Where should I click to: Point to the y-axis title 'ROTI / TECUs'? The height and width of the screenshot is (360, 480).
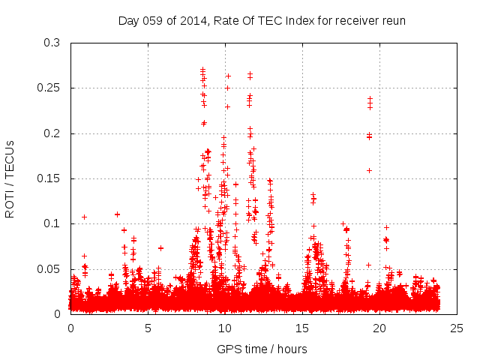(x=10, y=178)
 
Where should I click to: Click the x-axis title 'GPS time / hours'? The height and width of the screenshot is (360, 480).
(x=262, y=349)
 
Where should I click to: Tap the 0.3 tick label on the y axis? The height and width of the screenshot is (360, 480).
(x=52, y=43)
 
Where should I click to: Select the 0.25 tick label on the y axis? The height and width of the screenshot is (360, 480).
(x=49, y=88)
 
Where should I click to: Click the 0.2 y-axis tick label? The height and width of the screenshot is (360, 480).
(x=52, y=133)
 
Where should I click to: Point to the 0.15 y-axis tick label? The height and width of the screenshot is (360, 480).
(x=49, y=178)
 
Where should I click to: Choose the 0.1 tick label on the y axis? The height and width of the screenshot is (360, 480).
(x=52, y=223)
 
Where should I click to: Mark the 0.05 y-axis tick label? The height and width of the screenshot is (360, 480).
(x=49, y=269)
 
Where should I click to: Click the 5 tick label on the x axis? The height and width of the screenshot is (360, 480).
(x=148, y=328)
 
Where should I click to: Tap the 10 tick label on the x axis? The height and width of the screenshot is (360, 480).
(x=225, y=328)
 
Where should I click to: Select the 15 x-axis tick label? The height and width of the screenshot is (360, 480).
(x=302, y=328)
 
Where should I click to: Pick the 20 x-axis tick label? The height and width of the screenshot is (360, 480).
(x=379, y=328)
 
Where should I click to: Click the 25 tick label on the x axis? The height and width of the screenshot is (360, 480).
(x=457, y=328)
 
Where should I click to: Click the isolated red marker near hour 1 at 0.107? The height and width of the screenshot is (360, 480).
(x=85, y=217)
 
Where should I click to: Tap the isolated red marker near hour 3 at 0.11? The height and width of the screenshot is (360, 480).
(x=117, y=214)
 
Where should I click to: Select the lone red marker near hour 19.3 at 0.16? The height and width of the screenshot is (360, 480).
(x=369, y=170)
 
